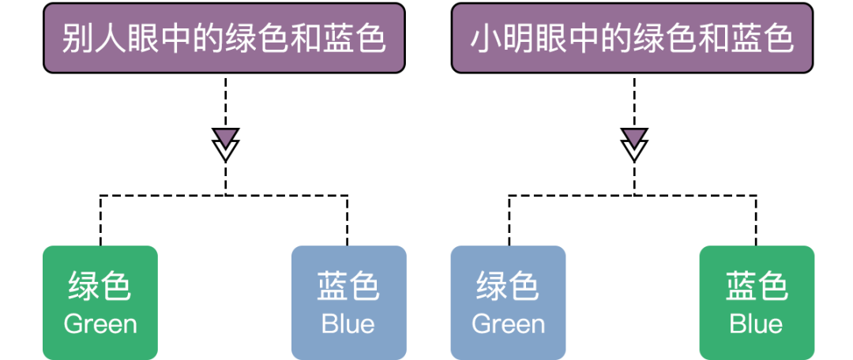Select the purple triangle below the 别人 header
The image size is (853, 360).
pyautogui.click(x=226, y=137)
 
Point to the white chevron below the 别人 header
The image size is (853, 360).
pyautogui.click(x=226, y=150)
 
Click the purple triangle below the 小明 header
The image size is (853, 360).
pyautogui.click(x=634, y=137)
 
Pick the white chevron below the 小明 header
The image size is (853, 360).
pyautogui.click(x=634, y=150)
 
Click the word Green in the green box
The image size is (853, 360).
pyautogui.click(x=100, y=324)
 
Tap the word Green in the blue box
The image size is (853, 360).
pyautogui.click(x=508, y=324)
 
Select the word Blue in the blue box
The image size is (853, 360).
pyautogui.click(x=348, y=324)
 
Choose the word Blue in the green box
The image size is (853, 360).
pyautogui.click(x=757, y=324)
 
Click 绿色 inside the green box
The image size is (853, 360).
pyautogui.click(x=100, y=287)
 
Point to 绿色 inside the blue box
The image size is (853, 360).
pyautogui.click(x=508, y=287)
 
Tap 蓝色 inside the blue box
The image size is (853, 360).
pyautogui.click(x=348, y=287)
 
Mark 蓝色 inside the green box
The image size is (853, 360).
pyautogui.click(x=757, y=287)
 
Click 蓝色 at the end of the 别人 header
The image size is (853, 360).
pyautogui.click(x=354, y=38)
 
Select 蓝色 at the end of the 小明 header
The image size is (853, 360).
pyautogui.click(x=761, y=38)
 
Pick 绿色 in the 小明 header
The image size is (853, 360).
pyautogui.click(x=663, y=38)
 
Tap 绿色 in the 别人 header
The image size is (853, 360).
pyautogui.click(x=256, y=38)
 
